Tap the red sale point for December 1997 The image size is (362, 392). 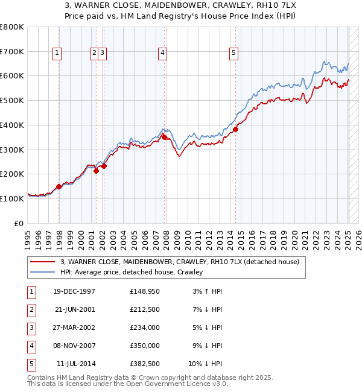point(59,186)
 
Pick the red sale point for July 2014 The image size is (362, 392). point(236,128)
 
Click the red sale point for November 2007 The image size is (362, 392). point(164,137)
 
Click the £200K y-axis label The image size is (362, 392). point(12,174)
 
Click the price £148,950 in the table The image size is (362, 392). point(144,291)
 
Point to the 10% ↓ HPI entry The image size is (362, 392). point(205,364)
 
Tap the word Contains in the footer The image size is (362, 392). point(43,378)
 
